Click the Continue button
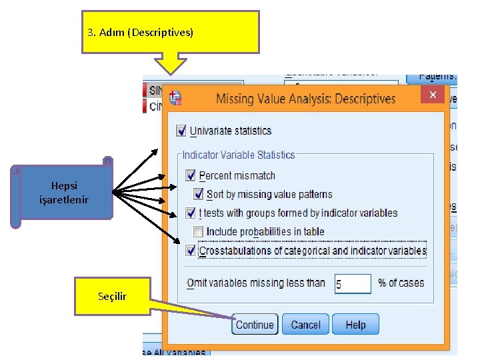254,325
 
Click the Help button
355,325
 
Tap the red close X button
432,95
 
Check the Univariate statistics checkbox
181,131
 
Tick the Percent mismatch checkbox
191,175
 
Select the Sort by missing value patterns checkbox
198,194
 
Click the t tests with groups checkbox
191,213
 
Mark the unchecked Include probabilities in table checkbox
198,231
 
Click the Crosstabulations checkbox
191,251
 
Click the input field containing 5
352,284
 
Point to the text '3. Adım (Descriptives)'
140,32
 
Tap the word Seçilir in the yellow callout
112,295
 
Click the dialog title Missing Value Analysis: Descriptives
306,99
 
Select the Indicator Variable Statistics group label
238,155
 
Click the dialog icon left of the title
175,98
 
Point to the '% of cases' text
401,283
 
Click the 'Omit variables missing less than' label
255,283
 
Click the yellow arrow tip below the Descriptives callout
173,71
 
